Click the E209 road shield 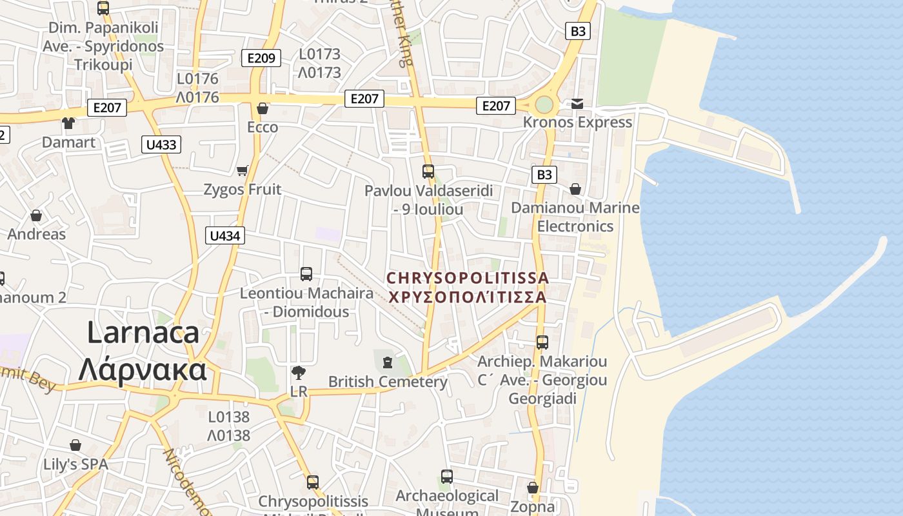pos(261,58)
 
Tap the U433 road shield pos(161,144)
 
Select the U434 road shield pos(225,236)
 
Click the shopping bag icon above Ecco pos(263,108)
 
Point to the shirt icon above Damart pos(68,123)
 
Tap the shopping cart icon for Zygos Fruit pos(243,170)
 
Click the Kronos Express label pos(577,122)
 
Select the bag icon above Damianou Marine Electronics pos(575,189)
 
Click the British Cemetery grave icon pos(387,362)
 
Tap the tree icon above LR pos(298,372)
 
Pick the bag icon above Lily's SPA pos(75,445)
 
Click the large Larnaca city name pos(143,352)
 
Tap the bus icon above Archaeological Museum pos(446,477)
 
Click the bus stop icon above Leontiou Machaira pos(306,274)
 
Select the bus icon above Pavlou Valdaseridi pos(428,172)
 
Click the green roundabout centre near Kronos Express pos(544,104)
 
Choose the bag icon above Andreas pos(36,215)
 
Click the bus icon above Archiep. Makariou pos(542,342)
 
